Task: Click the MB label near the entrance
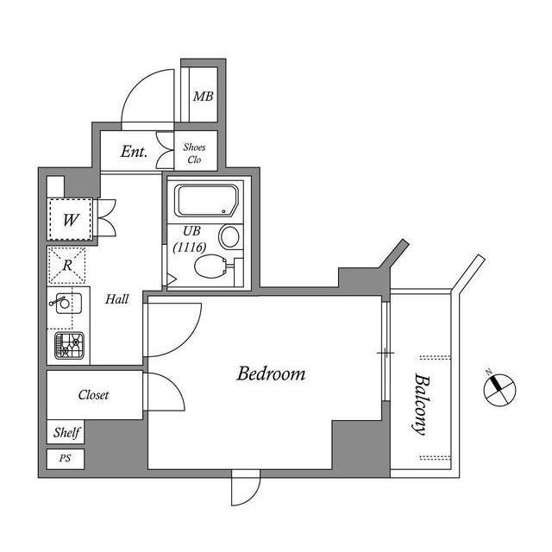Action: tap(203, 96)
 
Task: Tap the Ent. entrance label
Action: tap(134, 153)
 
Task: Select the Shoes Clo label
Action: tap(195, 153)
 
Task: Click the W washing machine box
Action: tap(71, 219)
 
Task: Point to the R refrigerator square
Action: tap(67, 265)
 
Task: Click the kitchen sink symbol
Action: tap(66, 304)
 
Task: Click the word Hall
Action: tap(117, 299)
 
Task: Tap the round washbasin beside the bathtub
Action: tap(230, 235)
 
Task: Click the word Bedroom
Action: tap(272, 374)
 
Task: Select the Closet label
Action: tap(94, 395)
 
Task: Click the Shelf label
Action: tap(66, 432)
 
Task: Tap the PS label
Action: tap(66, 459)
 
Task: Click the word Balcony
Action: tap(422, 404)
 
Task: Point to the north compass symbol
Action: tap(498, 388)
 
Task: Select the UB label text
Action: tap(191, 230)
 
